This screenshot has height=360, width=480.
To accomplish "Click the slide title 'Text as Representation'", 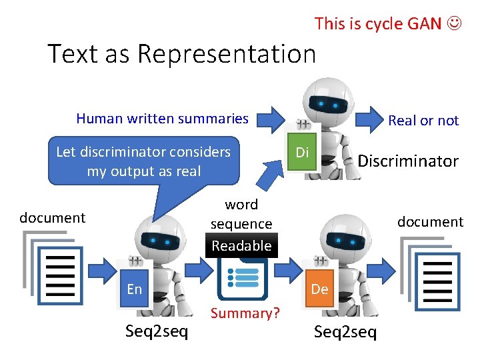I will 181,54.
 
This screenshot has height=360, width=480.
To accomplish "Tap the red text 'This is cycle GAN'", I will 378,24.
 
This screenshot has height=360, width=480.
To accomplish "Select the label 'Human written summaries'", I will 162,119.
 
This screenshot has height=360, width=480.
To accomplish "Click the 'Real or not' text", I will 423,121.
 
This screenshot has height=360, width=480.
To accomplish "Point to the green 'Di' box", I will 303,153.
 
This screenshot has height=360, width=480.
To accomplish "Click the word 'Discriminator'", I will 408,161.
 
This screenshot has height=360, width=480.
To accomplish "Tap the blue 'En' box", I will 135,289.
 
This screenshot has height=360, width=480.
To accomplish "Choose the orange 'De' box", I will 319,289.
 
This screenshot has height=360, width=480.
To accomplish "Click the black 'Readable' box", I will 241,245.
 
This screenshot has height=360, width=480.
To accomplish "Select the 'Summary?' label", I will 245,313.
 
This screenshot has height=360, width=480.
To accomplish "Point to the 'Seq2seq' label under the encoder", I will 157,331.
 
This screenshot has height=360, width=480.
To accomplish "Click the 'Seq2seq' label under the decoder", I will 345,331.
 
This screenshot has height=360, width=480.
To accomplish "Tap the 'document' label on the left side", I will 53,217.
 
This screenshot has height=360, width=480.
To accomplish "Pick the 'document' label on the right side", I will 430,221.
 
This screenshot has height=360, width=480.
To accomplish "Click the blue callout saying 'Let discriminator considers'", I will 143,161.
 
